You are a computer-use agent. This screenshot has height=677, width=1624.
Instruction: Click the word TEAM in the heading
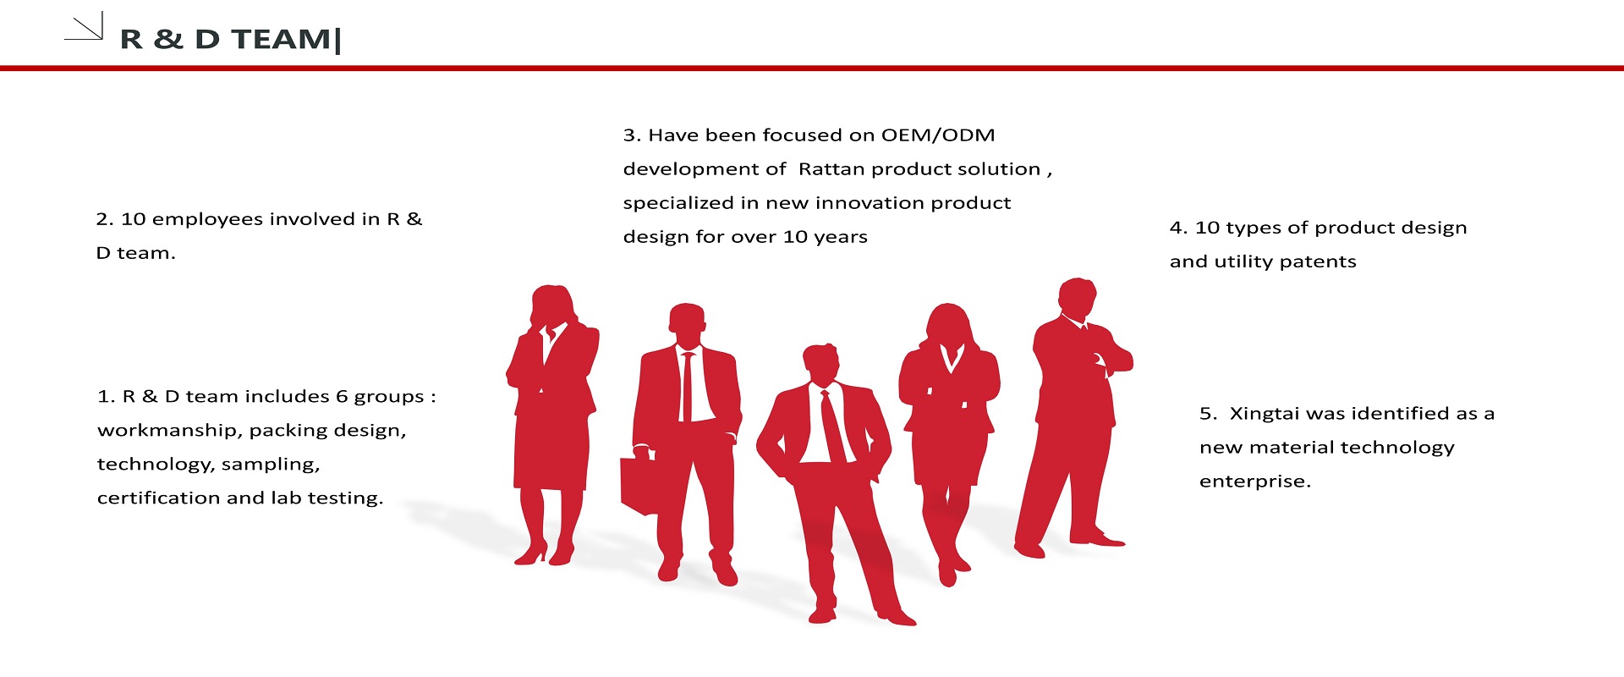click(x=282, y=39)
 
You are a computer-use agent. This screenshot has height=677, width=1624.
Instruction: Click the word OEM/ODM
click(x=938, y=135)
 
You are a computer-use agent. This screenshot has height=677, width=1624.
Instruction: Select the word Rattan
click(x=831, y=169)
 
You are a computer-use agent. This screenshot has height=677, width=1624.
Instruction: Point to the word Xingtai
click(x=1265, y=414)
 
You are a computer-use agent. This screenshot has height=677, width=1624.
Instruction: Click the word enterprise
click(x=1255, y=482)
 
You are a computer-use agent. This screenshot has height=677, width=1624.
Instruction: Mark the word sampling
click(x=271, y=465)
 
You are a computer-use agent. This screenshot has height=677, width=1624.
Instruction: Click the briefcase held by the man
click(x=639, y=484)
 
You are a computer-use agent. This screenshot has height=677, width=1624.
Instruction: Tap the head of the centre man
click(x=820, y=364)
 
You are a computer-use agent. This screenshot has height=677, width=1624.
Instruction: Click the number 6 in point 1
click(x=342, y=397)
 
